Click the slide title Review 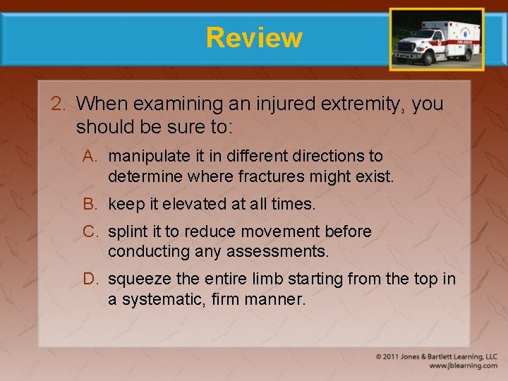tap(254, 37)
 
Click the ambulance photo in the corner tap(437, 40)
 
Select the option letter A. tap(91, 156)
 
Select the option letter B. tap(91, 205)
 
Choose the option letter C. tap(91, 232)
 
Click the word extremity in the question tap(359, 104)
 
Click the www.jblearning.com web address tap(463, 366)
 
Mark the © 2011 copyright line tap(437, 357)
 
